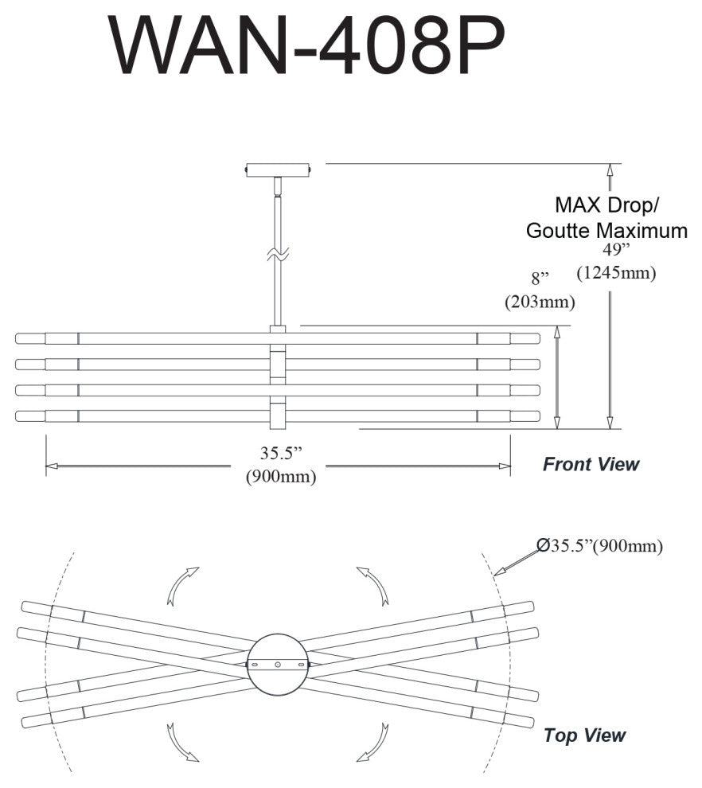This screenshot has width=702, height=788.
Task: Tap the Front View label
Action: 591,464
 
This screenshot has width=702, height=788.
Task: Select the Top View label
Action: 584,735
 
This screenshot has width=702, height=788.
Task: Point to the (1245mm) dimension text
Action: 616,273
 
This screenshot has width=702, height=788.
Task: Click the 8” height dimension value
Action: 540,279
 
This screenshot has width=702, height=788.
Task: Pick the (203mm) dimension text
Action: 540,302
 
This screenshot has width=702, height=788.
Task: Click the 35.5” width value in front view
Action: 282,454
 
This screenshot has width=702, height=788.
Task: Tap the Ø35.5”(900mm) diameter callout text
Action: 599,546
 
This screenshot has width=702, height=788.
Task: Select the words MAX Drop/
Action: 606,205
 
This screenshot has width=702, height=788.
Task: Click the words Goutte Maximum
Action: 606,231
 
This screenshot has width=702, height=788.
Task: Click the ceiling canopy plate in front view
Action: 278,170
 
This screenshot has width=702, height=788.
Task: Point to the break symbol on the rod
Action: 277,256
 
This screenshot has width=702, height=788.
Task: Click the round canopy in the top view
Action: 277,664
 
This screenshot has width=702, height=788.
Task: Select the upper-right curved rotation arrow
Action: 373,584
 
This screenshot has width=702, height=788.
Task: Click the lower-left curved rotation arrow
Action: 181,742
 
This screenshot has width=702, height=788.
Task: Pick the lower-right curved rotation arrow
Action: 372,742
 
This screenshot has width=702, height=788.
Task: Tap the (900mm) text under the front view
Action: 282,477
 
